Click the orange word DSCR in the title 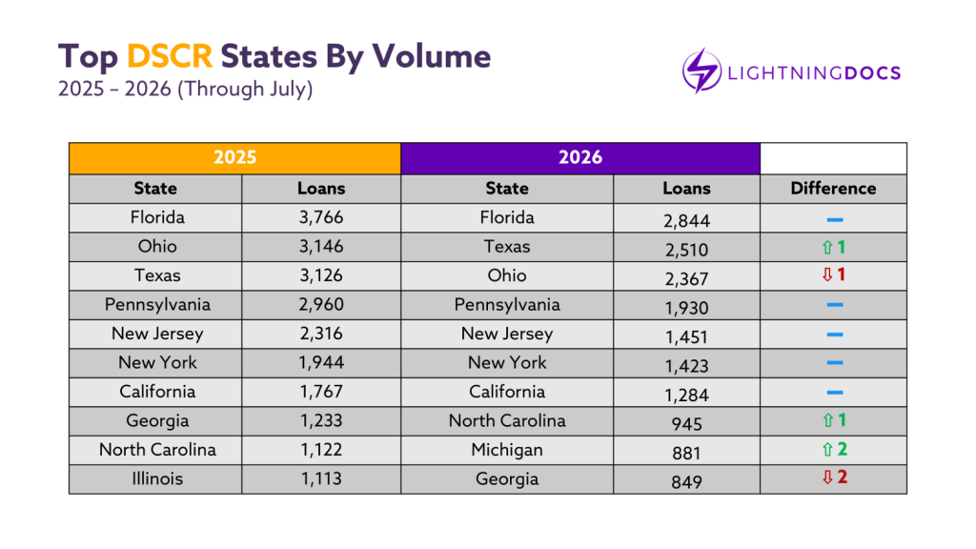click(170, 56)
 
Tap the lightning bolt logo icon click(701, 71)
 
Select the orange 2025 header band click(234, 158)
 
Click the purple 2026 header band click(580, 158)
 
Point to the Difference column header click(833, 189)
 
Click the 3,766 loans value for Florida click(321, 218)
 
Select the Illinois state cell click(157, 478)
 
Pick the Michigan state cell click(507, 450)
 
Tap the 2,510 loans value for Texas click(686, 251)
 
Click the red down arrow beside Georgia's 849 click(827, 478)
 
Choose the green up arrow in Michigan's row click(827, 449)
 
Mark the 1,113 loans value click(321, 478)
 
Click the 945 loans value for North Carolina click(686, 424)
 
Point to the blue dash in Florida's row click(835, 220)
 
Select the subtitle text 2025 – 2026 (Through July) click(186, 89)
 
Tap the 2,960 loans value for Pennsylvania click(321, 305)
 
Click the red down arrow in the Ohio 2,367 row click(827, 274)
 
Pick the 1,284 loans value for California click(686, 396)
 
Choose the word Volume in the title click(432, 56)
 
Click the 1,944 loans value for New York click(321, 363)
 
